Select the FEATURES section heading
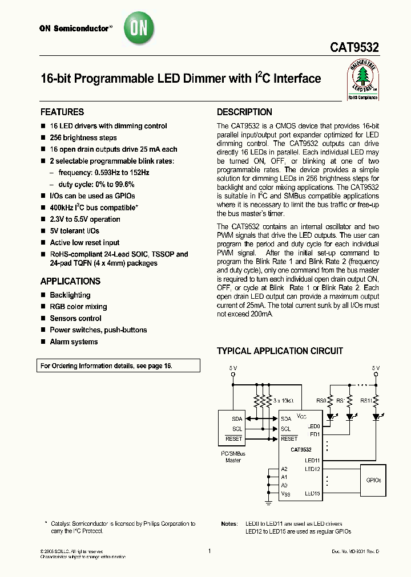point(62,112)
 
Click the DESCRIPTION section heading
point(244,112)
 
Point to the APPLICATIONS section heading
point(70,281)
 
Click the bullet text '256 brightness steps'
point(83,137)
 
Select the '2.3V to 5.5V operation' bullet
point(85,219)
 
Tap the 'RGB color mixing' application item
point(78,307)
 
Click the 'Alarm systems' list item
point(74,342)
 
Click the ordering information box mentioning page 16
point(120,365)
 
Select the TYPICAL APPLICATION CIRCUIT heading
point(280,351)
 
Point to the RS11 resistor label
point(366,401)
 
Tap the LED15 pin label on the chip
point(312,493)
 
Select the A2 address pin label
point(284,469)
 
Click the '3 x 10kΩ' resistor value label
point(284,401)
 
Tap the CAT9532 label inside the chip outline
point(301,449)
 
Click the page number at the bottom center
point(209,551)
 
